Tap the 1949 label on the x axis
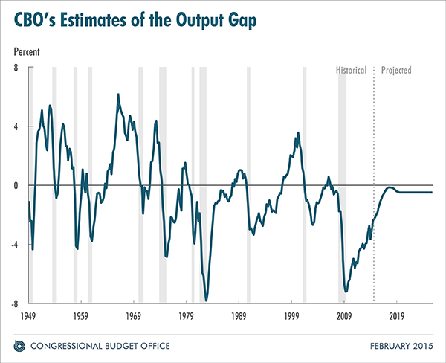click(x=29, y=316)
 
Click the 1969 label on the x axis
click(x=134, y=316)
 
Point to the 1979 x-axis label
click(x=187, y=316)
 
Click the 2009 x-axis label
click(x=344, y=316)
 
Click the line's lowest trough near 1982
click(x=206, y=300)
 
